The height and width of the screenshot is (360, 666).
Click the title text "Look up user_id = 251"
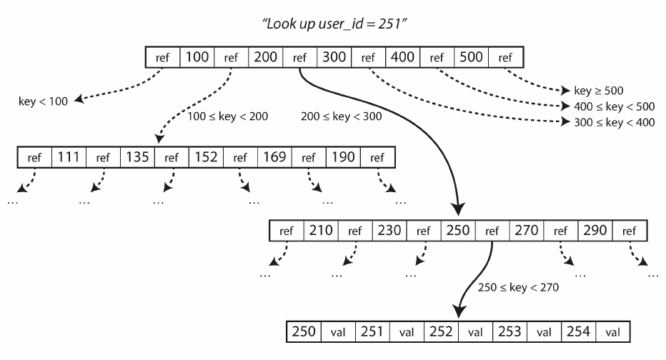click(x=334, y=24)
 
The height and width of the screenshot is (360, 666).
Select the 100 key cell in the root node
click(x=197, y=57)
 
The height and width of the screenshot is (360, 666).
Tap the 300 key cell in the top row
click(x=334, y=57)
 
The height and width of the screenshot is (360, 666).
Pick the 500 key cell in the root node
click(x=471, y=57)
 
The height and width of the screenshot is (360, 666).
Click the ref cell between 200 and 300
click(x=300, y=57)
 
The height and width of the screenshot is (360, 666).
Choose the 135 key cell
click(x=137, y=157)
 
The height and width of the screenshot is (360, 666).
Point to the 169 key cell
click(x=274, y=157)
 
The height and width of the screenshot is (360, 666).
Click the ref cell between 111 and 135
click(x=103, y=157)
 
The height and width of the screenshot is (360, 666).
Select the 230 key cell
click(x=389, y=231)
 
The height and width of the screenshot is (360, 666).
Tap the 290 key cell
click(x=595, y=231)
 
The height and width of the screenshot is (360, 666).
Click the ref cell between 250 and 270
click(x=492, y=231)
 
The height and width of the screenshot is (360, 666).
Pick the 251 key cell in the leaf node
click(x=372, y=331)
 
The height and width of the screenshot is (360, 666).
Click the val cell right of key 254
click(x=613, y=331)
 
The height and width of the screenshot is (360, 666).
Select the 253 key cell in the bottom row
click(x=510, y=331)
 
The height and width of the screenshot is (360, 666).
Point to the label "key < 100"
click(x=44, y=101)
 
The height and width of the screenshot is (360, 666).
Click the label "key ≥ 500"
click(x=598, y=91)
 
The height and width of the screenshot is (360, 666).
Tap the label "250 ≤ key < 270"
click(x=518, y=287)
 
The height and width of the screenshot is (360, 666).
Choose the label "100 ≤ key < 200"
click(x=228, y=116)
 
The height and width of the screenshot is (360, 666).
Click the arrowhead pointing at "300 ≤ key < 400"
click(x=565, y=122)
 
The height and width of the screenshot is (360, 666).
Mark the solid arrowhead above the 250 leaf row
click(x=458, y=311)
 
